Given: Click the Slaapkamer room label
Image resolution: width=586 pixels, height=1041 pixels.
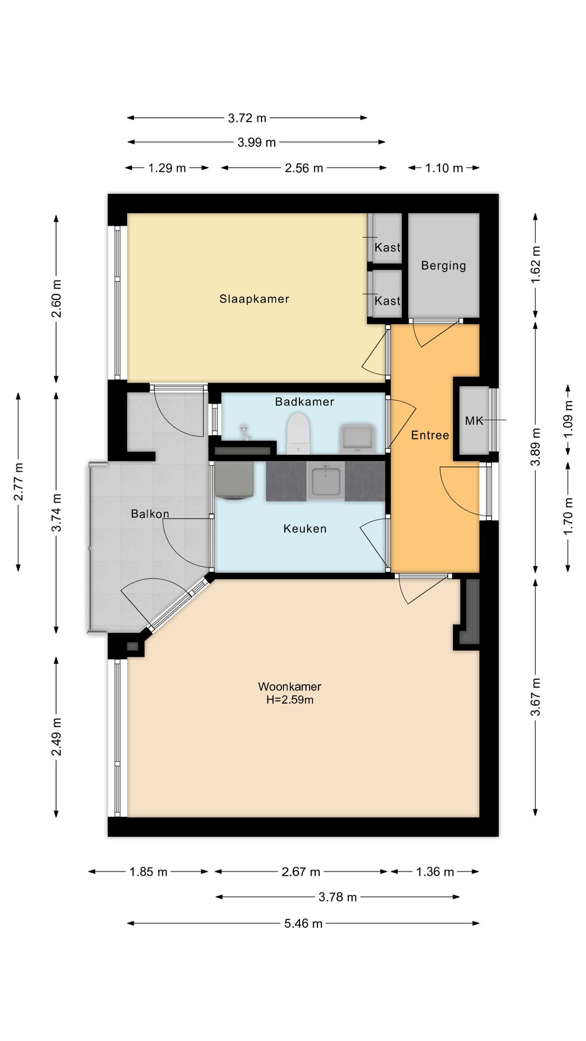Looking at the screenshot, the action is click(254, 299).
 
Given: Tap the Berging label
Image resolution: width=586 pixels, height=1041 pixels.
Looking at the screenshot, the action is click(443, 266).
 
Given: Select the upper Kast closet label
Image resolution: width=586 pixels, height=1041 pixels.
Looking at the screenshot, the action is click(387, 247).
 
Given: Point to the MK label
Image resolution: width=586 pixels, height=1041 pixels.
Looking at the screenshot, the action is click(474, 421).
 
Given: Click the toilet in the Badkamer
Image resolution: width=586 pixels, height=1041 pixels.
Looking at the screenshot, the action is click(298, 433).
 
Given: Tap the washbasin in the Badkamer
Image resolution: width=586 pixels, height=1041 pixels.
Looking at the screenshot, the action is click(356, 439).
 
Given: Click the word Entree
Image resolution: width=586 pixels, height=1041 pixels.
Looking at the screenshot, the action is click(430, 435).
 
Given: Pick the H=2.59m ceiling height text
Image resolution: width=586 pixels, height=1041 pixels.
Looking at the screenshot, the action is click(290, 700).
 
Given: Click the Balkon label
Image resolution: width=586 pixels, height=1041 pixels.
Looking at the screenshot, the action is click(150, 513).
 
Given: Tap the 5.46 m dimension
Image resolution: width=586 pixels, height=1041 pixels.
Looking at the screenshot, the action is click(303, 923).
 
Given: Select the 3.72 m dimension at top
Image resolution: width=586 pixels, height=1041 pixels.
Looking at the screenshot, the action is click(247, 118).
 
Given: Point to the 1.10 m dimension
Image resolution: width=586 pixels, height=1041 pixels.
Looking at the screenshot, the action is click(444, 168).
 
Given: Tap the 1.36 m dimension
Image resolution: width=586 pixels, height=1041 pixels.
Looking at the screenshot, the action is click(435, 872).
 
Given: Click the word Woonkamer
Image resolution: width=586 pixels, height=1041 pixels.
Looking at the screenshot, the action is click(290, 686).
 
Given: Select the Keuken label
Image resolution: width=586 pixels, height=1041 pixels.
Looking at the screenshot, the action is click(305, 529).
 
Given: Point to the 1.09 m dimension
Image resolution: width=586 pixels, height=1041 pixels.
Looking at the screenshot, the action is click(568, 420).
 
